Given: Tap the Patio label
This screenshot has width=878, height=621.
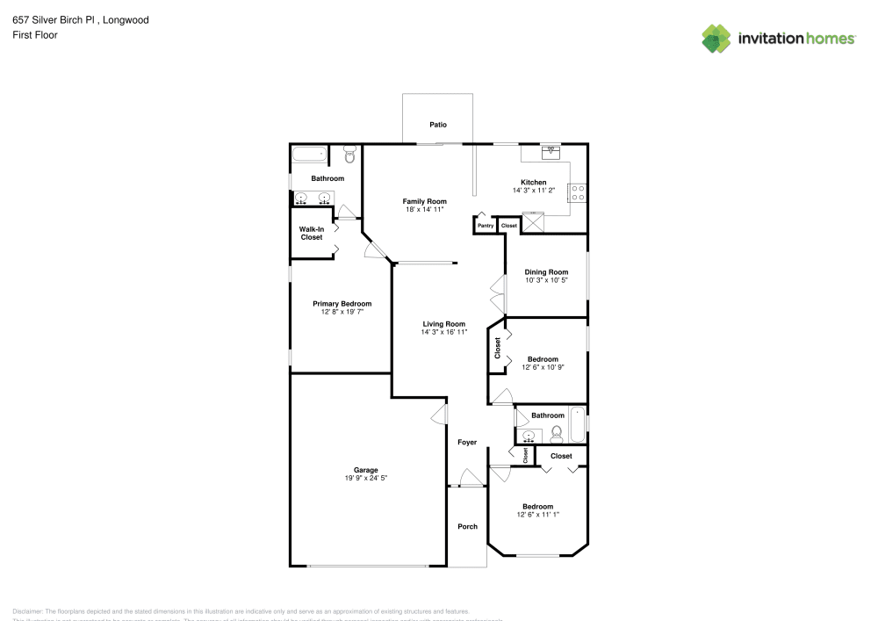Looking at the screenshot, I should [x=438, y=125].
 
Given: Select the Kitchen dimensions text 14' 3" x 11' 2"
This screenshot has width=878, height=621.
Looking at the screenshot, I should [x=534, y=191].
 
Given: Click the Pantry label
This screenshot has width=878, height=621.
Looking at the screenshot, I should [x=486, y=226].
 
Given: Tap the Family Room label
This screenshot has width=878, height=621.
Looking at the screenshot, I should [x=425, y=201].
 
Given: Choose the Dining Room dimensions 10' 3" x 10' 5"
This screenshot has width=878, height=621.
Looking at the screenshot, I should [x=546, y=280].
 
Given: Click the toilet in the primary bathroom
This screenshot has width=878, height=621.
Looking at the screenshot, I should [x=349, y=155].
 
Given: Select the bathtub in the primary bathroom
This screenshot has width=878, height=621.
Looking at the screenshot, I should [x=309, y=155].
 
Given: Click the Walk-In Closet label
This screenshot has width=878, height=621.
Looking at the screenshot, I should [x=312, y=234].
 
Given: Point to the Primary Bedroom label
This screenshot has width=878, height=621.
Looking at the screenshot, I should [x=342, y=304].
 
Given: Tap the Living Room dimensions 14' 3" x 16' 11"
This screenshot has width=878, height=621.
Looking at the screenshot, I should [x=443, y=332].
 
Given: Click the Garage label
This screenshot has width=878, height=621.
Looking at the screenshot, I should [x=365, y=470].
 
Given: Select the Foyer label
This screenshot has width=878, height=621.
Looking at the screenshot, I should [x=467, y=442].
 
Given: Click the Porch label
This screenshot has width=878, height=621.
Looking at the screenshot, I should [x=468, y=526].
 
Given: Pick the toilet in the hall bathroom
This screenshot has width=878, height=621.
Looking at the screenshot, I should [x=557, y=432].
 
